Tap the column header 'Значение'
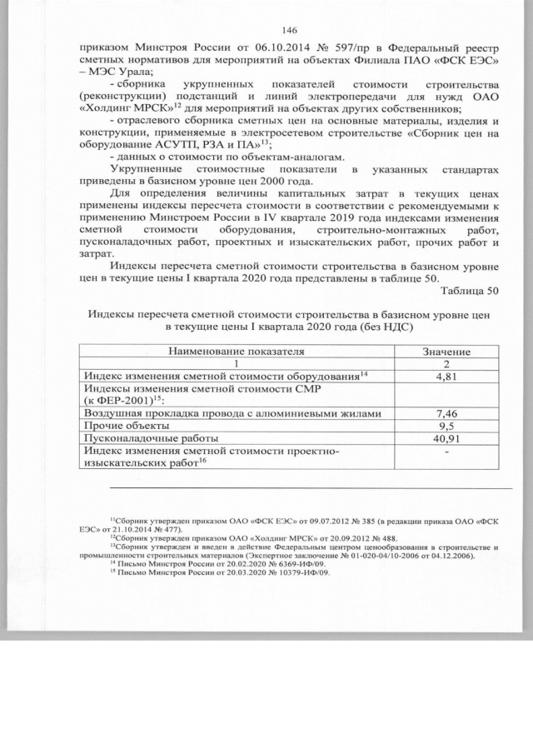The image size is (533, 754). click(448, 352)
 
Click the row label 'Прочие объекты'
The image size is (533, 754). click(127, 426)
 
